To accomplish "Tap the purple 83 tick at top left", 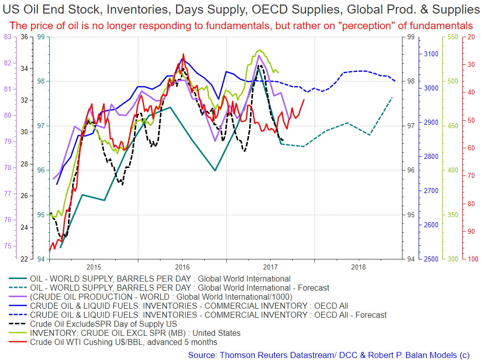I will click(8, 36).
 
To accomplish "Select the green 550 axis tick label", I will click(453, 37).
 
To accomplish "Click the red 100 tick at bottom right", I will click(473, 259).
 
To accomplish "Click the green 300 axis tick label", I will click(453, 259).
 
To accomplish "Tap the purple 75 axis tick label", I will click(8, 246).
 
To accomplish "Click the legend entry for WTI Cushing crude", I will click(124, 342).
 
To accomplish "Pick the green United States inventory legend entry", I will click(135, 333).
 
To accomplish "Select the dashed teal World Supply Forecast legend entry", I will click(180, 288).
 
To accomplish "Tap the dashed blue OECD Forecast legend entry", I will click(208, 315).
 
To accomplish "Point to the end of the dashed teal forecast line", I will click(392, 97).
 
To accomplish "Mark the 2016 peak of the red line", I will click(183, 54).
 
